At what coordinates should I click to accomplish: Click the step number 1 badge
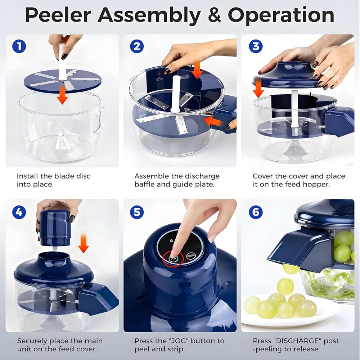tap(19, 46)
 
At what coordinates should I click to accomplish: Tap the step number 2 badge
tap(136, 46)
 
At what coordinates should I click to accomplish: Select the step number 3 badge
tap(255, 46)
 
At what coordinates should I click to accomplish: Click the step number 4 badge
tap(19, 212)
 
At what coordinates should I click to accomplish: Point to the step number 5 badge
tap(136, 212)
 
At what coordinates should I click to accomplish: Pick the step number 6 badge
tap(255, 212)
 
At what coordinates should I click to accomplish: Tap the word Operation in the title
tap(281, 15)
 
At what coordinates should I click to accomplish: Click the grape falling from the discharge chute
tap(291, 268)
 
